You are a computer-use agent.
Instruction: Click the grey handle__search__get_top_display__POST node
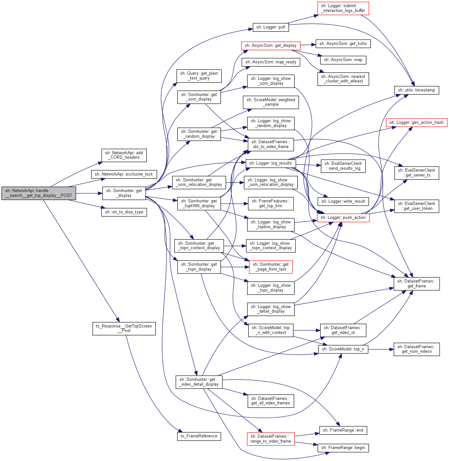tap(38, 193)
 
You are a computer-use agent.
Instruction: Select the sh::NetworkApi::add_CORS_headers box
tap(124, 155)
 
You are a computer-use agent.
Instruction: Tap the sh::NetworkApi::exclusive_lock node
tap(124, 174)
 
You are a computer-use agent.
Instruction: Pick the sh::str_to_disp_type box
tap(124, 212)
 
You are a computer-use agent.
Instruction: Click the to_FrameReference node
tap(199, 436)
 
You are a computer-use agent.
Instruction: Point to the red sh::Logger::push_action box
tap(343, 218)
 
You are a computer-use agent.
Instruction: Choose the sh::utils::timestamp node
tap(416, 90)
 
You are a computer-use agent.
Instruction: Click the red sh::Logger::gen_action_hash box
tap(416, 123)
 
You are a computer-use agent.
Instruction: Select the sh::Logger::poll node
tap(271, 27)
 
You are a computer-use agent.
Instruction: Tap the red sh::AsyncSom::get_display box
tap(271, 46)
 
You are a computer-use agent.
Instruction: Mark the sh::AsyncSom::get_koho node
tap(343, 44)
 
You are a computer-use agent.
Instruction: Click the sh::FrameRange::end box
tap(343, 430)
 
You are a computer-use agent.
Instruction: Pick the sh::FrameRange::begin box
tap(343, 448)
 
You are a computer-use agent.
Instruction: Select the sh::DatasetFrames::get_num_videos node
tap(417, 349)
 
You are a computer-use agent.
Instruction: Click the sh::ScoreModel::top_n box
tap(343, 349)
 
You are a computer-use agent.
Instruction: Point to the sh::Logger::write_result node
tap(343, 201)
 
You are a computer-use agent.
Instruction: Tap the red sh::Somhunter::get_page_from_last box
tap(271, 267)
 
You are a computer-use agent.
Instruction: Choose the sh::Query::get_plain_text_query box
tap(199, 76)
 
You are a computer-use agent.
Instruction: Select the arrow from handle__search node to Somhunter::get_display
tap(89, 193)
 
